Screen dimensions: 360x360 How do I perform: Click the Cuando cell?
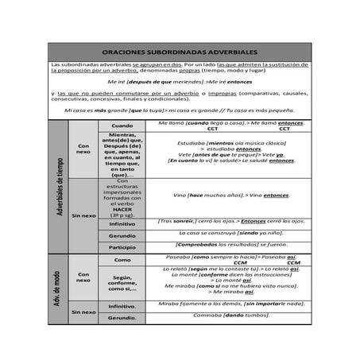click(122, 126)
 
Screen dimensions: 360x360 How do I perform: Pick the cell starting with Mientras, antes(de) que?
click(122, 154)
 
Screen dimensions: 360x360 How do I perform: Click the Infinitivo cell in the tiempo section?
click(122, 223)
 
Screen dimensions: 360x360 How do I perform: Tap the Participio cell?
click(122, 247)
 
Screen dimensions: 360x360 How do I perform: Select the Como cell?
click(122, 260)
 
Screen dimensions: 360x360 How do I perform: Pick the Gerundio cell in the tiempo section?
click(122, 235)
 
